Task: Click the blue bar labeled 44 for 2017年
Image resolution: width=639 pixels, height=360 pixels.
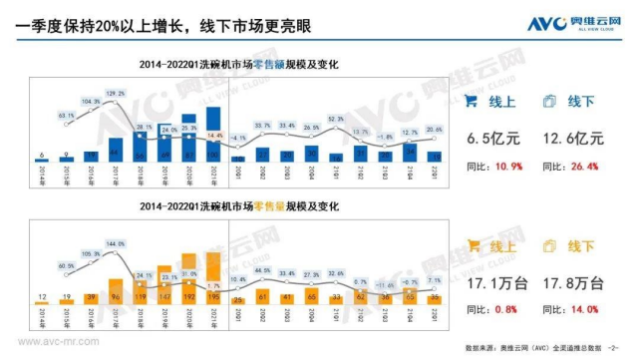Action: coord(115,151)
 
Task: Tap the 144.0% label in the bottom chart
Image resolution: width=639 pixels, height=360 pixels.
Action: coord(115,242)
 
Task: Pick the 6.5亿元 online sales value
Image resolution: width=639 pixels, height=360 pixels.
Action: coord(486,140)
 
